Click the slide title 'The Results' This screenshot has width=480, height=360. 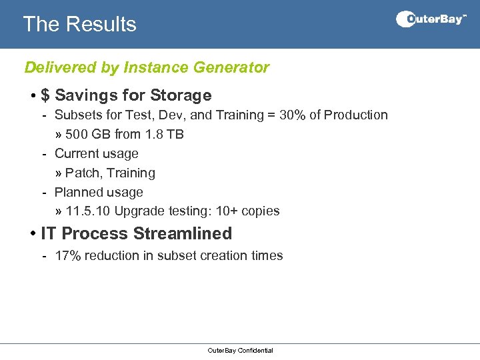point(79,24)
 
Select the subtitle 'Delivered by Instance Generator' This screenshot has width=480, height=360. point(147,67)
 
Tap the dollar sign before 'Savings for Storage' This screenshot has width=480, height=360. point(45,96)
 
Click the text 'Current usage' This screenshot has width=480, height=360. point(96,154)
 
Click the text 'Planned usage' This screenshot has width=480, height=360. point(99,193)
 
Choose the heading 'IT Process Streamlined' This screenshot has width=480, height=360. point(136,234)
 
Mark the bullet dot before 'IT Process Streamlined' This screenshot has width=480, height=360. point(33,234)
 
